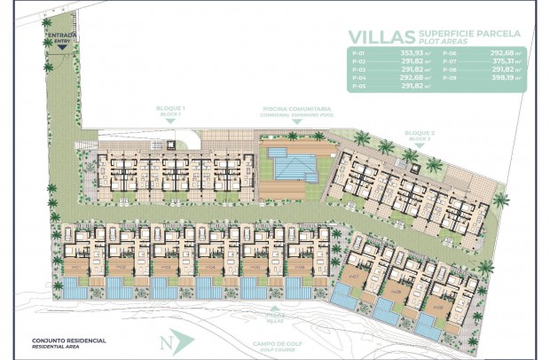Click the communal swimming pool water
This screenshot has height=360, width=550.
(293, 164)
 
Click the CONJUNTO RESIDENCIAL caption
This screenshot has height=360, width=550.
(68, 340)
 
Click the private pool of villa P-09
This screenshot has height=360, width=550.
(431, 329)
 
